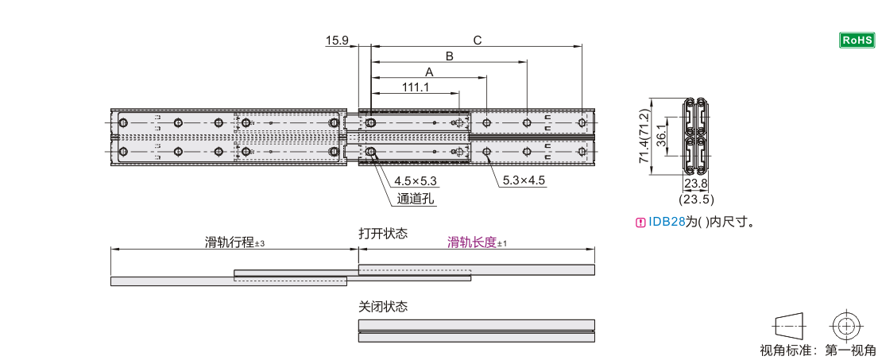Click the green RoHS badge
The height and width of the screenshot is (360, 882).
point(857,40)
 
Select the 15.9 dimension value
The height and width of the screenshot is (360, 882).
point(338,41)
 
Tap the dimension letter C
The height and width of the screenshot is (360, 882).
point(477,41)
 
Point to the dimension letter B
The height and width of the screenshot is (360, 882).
point(450,56)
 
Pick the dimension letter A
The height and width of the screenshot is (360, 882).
point(430,72)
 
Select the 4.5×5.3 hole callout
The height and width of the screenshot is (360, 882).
point(416,181)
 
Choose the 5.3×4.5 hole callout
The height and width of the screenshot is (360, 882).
point(524,181)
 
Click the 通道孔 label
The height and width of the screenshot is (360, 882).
point(415,199)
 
